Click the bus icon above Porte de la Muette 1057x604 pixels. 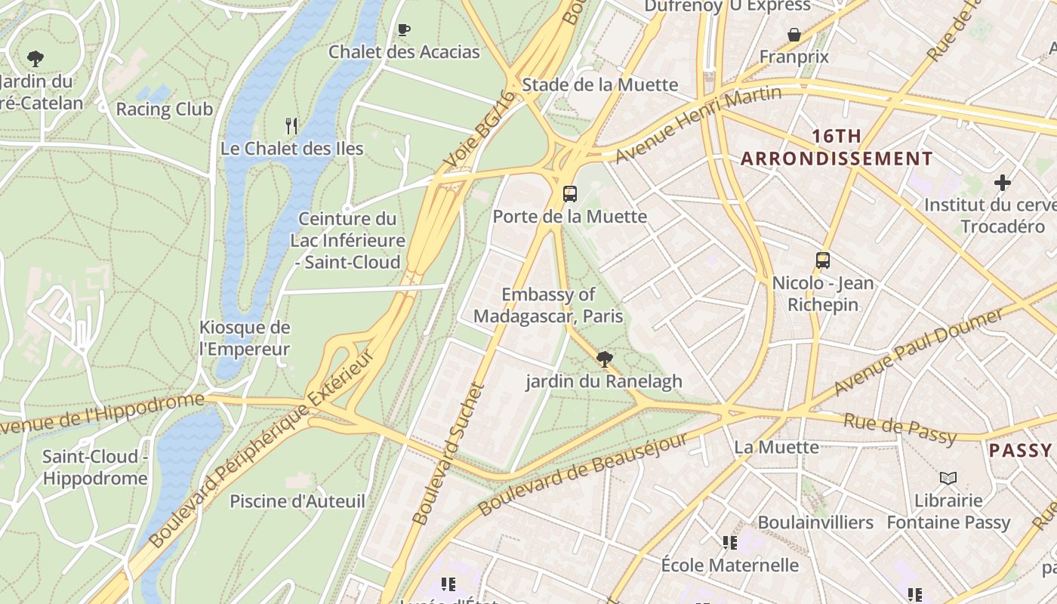pos(570,194)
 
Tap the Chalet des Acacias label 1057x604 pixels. pos(404,51)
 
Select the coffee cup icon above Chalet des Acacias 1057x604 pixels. pos(404,29)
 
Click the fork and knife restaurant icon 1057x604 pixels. pos(291,125)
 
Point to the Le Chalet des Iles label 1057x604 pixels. pos(291,148)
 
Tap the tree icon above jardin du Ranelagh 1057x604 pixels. pos(604,359)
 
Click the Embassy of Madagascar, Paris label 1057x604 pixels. pos(548,305)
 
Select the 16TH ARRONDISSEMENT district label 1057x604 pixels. pos(837,147)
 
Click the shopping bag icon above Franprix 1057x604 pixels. pos(794,35)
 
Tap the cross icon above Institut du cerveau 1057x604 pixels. pos(1002,183)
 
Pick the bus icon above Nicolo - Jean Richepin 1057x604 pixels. pos(823,260)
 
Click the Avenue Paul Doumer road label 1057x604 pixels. pos(919,351)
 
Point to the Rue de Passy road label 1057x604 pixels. pos(900,428)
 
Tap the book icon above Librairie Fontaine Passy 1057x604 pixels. pos(948,478)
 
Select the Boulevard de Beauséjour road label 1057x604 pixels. pos(583,474)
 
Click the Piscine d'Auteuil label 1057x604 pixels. pos(297,501)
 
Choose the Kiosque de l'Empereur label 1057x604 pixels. pos(245,338)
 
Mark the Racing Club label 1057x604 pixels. pos(164,109)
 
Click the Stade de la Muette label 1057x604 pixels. pos(600,84)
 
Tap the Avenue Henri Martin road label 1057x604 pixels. pos(698,125)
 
